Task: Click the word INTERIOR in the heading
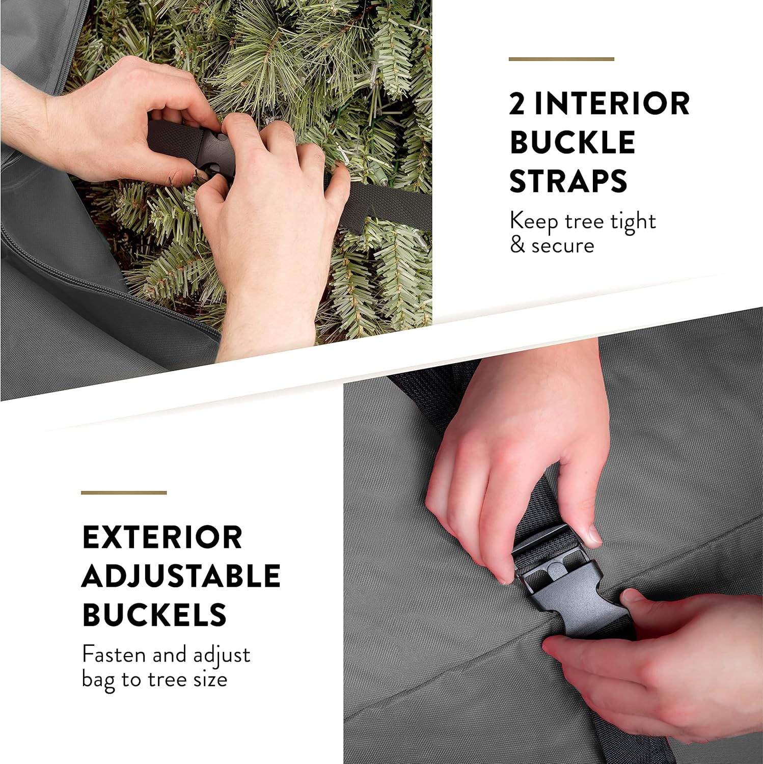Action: coord(612,103)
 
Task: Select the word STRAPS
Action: coord(568,181)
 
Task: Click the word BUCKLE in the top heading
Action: coord(572,142)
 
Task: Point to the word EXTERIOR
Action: coord(162,537)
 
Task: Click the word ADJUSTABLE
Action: coord(181,576)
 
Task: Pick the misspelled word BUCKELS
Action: coord(154,615)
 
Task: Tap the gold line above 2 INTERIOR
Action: coord(561,59)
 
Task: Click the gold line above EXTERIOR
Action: coord(124,493)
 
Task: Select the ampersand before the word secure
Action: coord(517,245)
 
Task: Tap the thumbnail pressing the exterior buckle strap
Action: coord(591,534)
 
